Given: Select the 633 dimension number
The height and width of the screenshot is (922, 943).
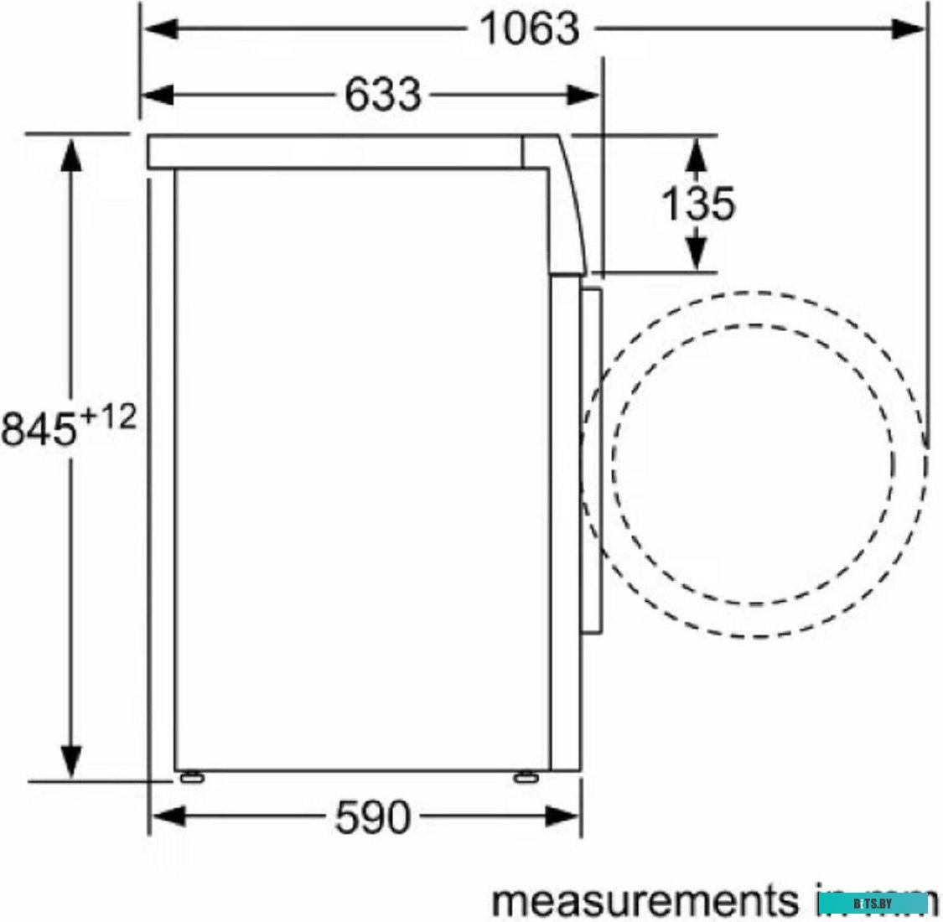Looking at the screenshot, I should pos(383,94).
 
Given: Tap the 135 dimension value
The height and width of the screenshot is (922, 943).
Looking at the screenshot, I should pos(697,204).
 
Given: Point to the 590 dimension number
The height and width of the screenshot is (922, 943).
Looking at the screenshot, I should pos(373,816).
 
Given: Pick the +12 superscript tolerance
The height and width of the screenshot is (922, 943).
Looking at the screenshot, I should pos(106,417).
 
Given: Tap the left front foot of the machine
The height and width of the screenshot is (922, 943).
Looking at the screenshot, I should pos(190,777).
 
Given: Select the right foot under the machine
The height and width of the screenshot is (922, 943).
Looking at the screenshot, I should pos(526,777).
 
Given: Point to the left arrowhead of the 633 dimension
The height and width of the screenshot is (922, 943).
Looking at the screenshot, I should pos(158,94).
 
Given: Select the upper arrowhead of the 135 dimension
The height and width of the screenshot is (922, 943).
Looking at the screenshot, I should pos(696,154).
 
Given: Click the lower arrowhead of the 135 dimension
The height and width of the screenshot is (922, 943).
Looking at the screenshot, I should pos(696,253).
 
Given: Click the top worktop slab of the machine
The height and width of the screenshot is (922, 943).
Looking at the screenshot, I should pos(335,153).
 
